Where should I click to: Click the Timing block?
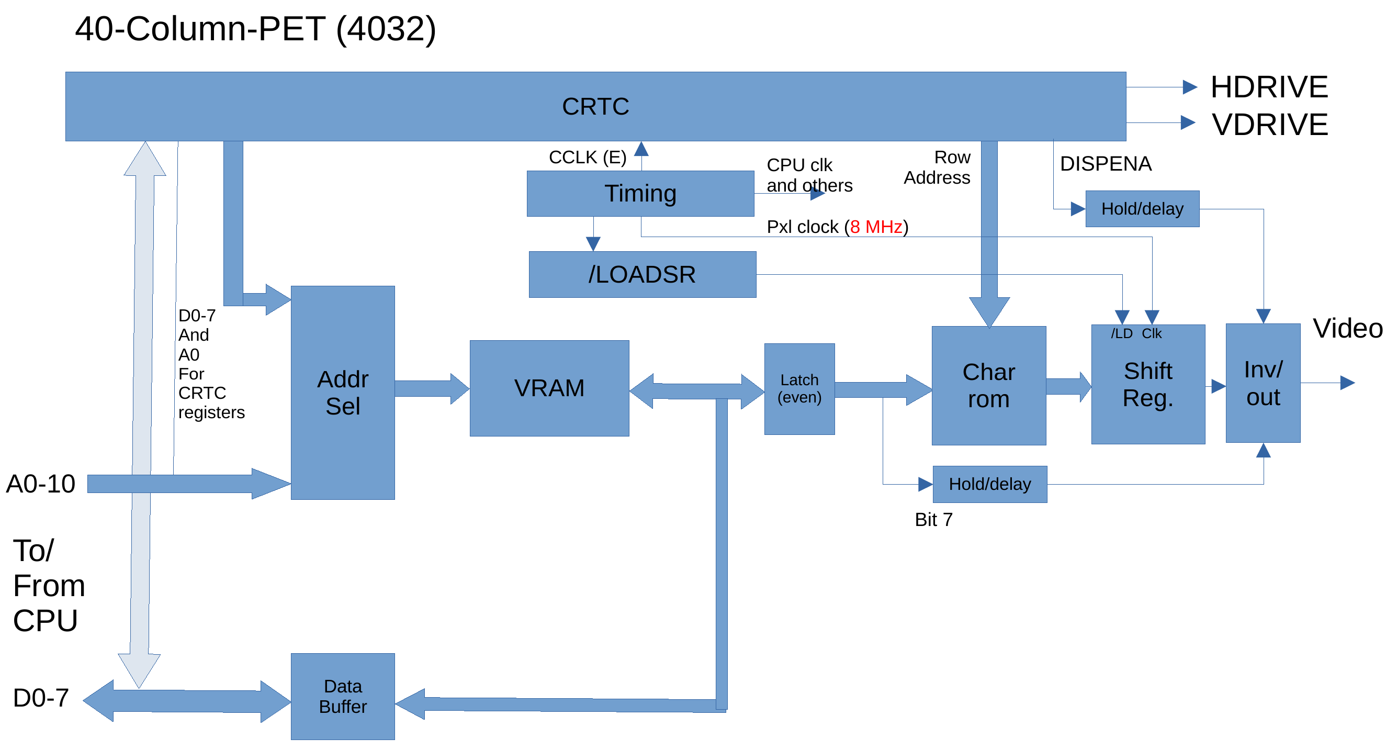(640, 194)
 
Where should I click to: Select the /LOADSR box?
(643, 274)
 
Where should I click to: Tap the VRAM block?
(549, 388)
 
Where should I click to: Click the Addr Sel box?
(343, 393)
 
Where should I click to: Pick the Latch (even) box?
(799, 388)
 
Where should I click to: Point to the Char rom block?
(989, 386)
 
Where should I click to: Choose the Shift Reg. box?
(1148, 385)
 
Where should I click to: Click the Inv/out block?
(1264, 383)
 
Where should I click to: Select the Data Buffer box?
(343, 696)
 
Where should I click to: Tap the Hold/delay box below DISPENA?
(1142, 209)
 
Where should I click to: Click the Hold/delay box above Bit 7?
(990, 484)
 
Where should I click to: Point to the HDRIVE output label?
(1269, 87)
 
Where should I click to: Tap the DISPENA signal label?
(1106, 164)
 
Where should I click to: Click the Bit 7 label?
(933, 520)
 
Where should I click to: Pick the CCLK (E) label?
(588, 157)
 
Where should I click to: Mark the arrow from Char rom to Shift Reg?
(1068, 386)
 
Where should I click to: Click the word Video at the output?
(1348, 328)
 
